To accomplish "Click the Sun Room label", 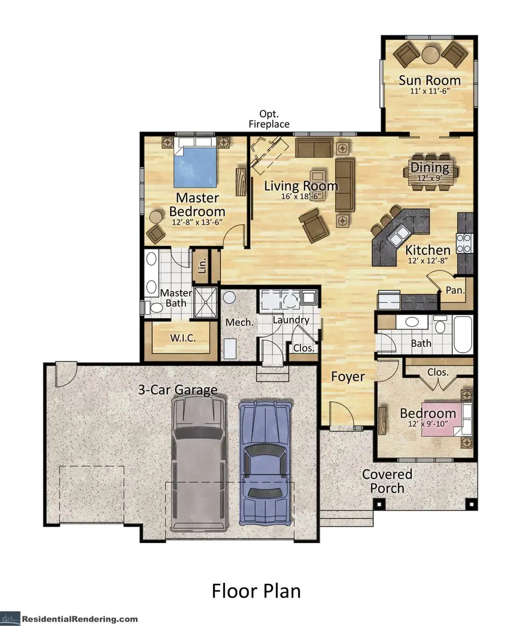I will tap(429, 80).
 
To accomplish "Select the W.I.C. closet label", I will tap(183, 338).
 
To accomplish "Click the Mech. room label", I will tap(239, 322).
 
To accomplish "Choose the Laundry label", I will tap(291, 320).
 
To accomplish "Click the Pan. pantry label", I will tap(455, 290).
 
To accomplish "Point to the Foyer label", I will tap(348, 376).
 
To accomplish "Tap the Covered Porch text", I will tap(387, 481).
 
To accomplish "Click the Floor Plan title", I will tap(256, 591).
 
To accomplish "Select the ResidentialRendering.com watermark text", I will tap(80, 619).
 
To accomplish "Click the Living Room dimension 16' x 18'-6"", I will tap(301, 196).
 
